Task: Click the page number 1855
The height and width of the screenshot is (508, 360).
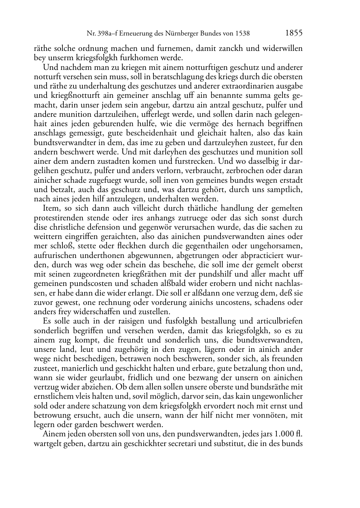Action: pos(294,33)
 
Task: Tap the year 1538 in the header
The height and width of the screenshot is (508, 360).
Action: pos(242,34)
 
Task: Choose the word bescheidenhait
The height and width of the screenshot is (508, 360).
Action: pos(152,133)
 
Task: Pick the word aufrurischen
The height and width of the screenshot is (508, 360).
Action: pos(55,255)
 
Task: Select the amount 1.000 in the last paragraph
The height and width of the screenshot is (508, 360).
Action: pos(283,434)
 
